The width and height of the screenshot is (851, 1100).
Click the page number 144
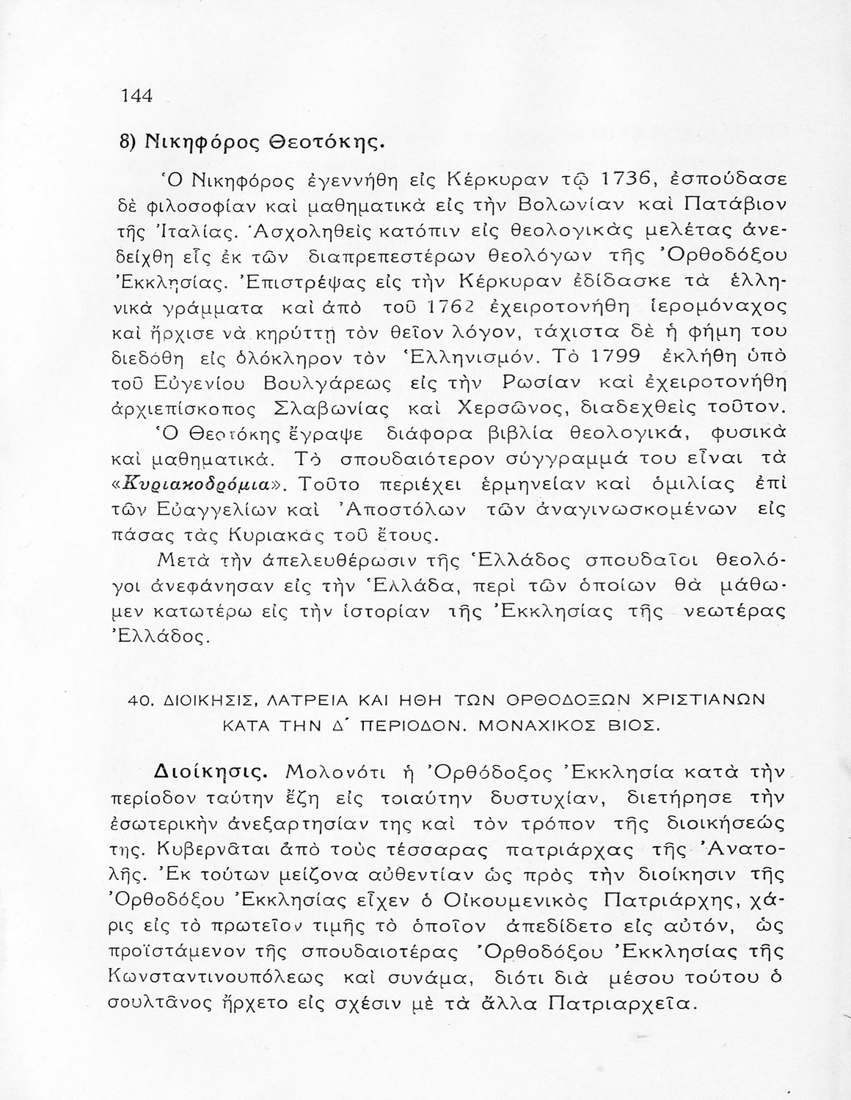click(136, 96)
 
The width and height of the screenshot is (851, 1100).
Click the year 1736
click(633, 179)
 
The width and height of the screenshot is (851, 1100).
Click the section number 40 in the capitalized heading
click(137, 701)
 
